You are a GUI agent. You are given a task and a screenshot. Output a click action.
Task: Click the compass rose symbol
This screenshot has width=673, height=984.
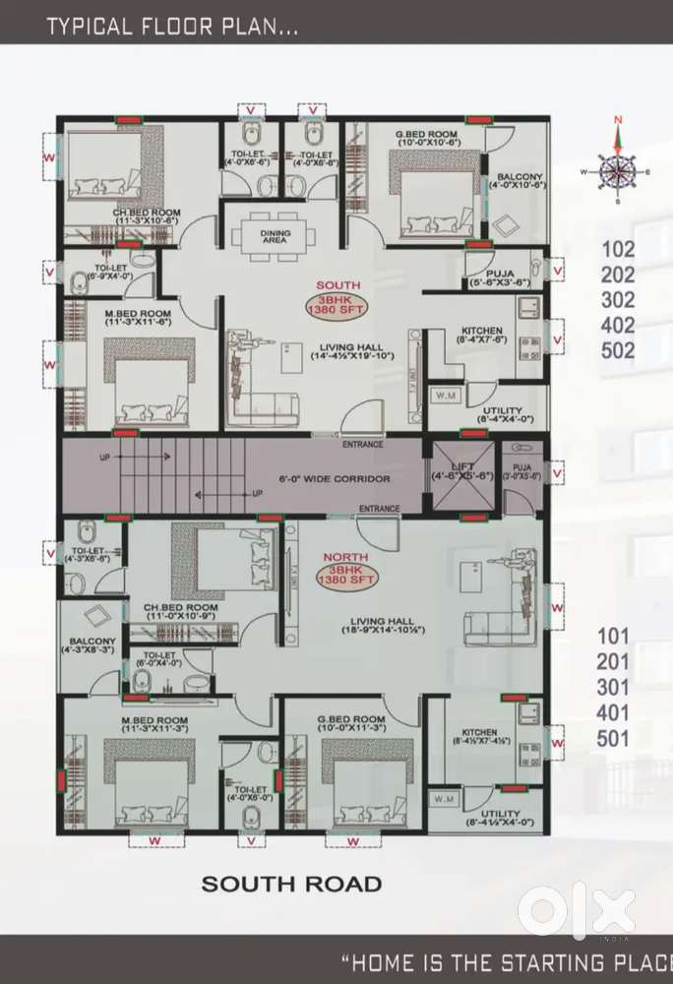click(618, 172)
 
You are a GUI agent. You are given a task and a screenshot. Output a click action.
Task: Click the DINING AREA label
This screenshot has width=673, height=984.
click(275, 236)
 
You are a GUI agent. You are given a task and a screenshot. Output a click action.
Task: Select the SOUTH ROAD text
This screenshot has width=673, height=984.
click(291, 884)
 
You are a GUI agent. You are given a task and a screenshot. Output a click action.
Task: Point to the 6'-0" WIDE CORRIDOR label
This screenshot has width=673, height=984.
click(334, 478)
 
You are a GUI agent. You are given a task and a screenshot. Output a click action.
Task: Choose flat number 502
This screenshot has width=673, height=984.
click(618, 350)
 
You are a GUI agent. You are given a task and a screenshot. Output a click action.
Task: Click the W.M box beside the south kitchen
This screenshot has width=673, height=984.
click(445, 396)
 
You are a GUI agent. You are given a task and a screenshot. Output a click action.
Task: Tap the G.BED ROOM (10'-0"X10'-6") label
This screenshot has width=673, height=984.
click(426, 138)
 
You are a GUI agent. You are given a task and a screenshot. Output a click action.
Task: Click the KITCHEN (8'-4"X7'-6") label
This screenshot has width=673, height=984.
click(482, 336)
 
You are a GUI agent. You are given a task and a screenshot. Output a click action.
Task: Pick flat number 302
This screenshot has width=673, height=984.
click(618, 300)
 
